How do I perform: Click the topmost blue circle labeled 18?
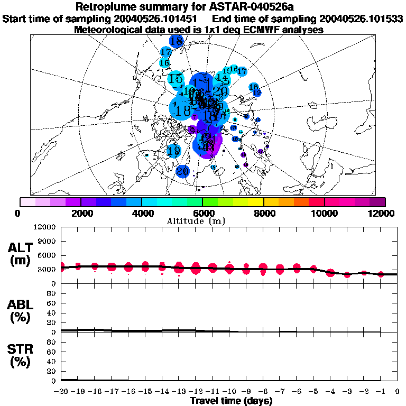pyautogui.click(x=177, y=41)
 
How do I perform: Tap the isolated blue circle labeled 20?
pyautogui.click(x=182, y=171)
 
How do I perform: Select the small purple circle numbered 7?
pyautogui.click(x=195, y=117)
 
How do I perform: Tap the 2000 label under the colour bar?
pyautogui.click(x=80, y=213)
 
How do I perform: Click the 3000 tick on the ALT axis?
pyautogui.click(x=49, y=270)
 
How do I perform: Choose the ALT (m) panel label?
pyautogui.click(x=20, y=253)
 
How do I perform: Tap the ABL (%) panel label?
pyautogui.click(x=20, y=311)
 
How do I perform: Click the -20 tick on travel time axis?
pyautogui.click(x=61, y=392)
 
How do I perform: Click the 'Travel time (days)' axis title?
pyautogui.click(x=231, y=401)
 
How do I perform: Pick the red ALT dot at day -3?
pyautogui.click(x=347, y=275)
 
